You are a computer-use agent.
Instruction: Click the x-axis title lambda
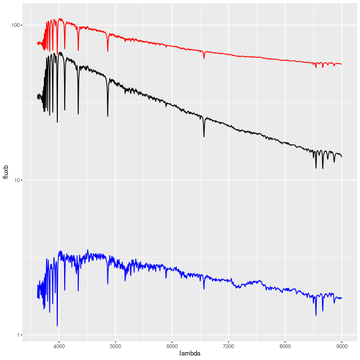click(x=190, y=354)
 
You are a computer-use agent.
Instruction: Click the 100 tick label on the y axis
click(x=15, y=25)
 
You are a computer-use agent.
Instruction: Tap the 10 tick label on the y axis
click(x=17, y=180)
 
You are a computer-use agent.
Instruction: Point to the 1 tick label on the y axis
click(x=19, y=335)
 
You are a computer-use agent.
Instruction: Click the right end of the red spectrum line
click(x=342, y=64)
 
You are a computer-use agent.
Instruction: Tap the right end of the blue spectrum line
click(x=342, y=298)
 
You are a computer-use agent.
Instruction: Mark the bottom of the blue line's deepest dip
click(x=57, y=326)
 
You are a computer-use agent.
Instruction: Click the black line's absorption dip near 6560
click(x=204, y=137)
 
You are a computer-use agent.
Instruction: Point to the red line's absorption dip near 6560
click(x=204, y=58)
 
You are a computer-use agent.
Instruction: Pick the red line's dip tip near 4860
click(x=108, y=51)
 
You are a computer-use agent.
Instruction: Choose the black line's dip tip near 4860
click(x=108, y=116)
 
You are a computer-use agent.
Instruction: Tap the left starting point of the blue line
click(x=38, y=298)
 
